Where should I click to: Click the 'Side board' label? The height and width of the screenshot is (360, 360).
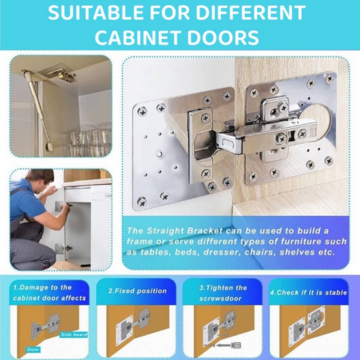74,334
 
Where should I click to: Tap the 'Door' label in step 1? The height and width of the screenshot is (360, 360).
33,350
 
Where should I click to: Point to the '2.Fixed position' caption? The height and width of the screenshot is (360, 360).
138,291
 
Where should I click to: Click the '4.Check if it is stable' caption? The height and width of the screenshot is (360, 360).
309,292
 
